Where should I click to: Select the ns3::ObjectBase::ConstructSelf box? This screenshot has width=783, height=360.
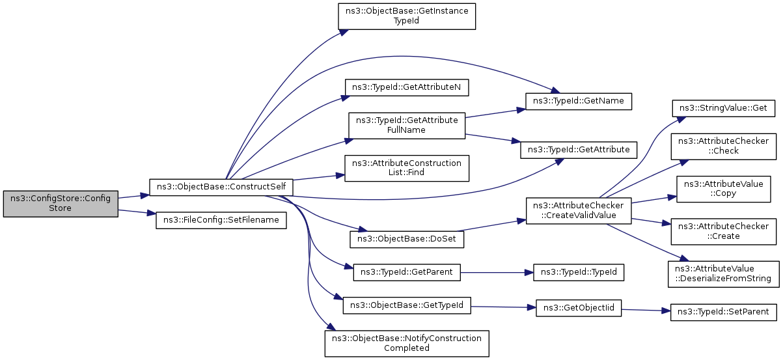[x=221, y=187]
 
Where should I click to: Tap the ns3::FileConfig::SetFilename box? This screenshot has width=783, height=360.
[x=221, y=220]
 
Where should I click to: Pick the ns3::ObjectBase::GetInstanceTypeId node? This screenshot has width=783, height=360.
[x=407, y=16]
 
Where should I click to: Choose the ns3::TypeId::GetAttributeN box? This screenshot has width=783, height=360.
[x=407, y=87]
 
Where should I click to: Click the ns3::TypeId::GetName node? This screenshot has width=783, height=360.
[x=579, y=102]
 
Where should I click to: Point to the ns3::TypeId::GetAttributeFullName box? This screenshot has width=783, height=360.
[x=407, y=125]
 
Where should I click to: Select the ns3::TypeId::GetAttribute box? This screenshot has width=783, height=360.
[x=579, y=150]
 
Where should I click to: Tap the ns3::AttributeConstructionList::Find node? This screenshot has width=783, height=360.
[x=407, y=167]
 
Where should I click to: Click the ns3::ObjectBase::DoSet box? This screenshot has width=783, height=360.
[x=407, y=239]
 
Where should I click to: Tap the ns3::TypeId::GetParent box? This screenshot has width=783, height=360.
[x=407, y=271]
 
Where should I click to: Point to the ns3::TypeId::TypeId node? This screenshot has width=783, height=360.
[x=579, y=271]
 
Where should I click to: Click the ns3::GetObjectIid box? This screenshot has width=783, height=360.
[x=579, y=308]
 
